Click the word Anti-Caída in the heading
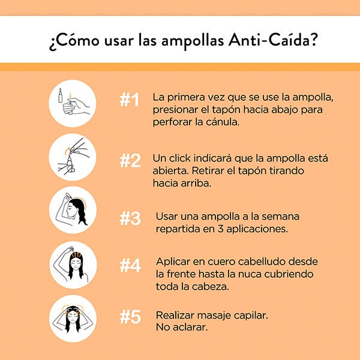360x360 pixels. click(272, 40)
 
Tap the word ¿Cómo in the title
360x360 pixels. click(74, 41)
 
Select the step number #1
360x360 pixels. click(130, 100)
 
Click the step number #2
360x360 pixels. click(130, 160)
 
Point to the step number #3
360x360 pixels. click(130, 218)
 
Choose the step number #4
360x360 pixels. click(130, 265)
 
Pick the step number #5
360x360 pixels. click(130, 317)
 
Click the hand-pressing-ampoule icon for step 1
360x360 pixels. click(73, 103)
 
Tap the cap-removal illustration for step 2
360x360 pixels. click(73, 157)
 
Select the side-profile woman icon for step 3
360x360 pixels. click(73, 210)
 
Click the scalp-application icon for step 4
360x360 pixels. click(73, 265)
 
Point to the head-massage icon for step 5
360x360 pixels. click(73, 319)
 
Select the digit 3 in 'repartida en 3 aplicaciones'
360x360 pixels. click(220, 229)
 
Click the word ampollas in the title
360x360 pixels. click(193, 41)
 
